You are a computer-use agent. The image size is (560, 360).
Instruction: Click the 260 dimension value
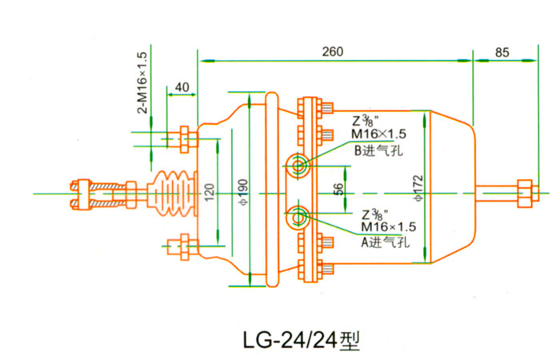point(333,52)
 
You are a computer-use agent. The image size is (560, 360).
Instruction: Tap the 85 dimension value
point(502,53)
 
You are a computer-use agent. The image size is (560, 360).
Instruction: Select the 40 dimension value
point(182,87)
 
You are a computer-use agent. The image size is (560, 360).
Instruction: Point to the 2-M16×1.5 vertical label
point(142,82)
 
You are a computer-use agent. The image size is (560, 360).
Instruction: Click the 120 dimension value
point(210,192)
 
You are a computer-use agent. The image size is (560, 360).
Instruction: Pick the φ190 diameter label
point(243,193)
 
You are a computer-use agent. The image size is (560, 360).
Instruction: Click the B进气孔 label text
point(378,150)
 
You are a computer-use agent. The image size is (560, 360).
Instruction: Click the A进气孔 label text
point(385,242)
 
